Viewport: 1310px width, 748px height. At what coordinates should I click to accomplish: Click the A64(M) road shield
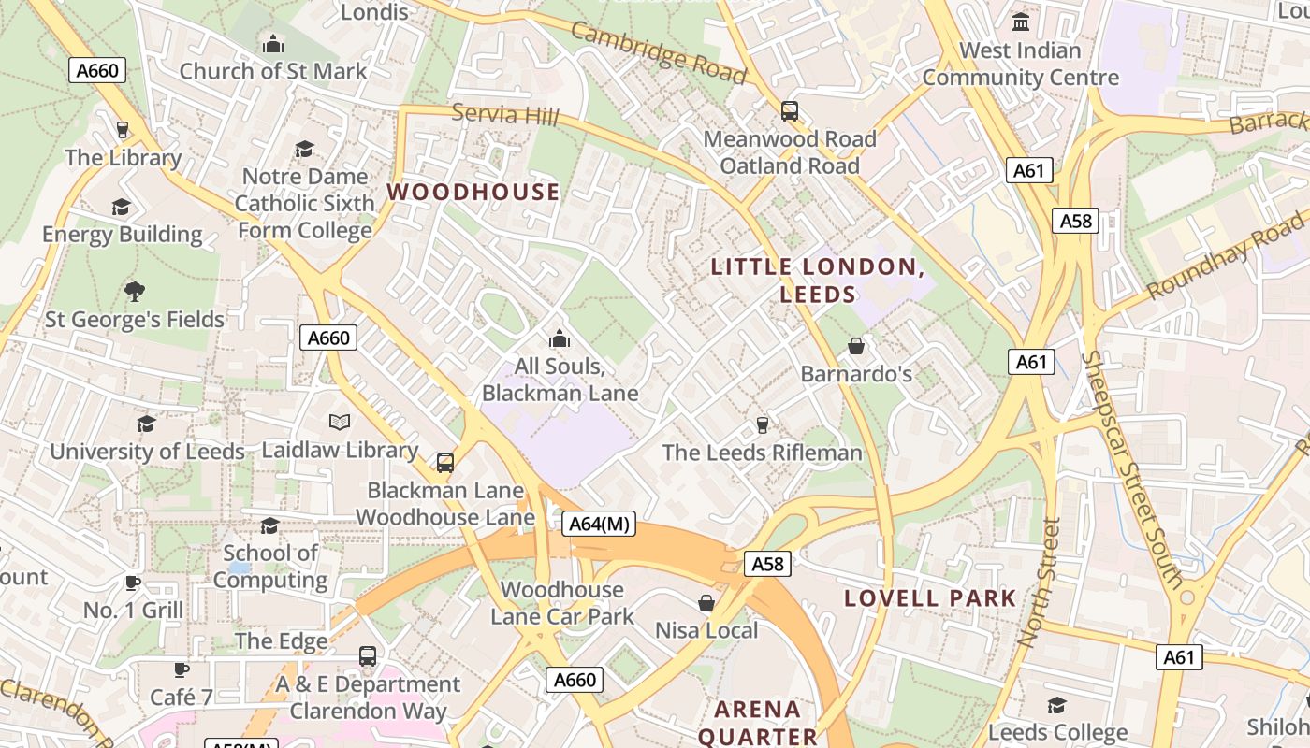(600, 525)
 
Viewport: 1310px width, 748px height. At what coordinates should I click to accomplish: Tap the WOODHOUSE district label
(473, 192)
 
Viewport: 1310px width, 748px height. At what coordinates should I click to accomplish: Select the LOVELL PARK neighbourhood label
(930, 598)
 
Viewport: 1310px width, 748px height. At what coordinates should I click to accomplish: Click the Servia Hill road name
(505, 115)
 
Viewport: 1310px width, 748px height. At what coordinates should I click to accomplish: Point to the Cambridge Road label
(659, 52)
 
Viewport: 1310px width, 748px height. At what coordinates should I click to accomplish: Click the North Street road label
(1041, 583)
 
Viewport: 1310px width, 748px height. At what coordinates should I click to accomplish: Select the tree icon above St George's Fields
(135, 292)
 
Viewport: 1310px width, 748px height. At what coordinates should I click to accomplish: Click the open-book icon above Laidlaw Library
(340, 423)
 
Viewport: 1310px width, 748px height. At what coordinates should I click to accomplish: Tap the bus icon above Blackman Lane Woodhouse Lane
(445, 462)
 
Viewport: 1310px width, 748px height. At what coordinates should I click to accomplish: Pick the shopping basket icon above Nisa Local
(706, 603)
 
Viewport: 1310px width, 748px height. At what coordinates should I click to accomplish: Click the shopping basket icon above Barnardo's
(855, 347)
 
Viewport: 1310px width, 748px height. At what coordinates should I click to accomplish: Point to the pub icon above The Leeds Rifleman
(762, 425)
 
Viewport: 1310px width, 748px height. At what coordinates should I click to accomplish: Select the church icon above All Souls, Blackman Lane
(560, 338)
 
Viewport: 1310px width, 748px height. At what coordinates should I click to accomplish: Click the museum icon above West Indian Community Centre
(1021, 21)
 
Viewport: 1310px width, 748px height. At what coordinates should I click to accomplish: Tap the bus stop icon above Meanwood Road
(790, 111)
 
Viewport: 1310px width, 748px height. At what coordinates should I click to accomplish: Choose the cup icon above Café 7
(182, 669)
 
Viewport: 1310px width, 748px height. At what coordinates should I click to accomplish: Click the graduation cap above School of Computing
(269, 525)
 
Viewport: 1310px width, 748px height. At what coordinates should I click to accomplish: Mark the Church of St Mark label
(273, 71)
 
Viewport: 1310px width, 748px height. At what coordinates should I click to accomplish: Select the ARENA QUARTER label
(758, 722)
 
